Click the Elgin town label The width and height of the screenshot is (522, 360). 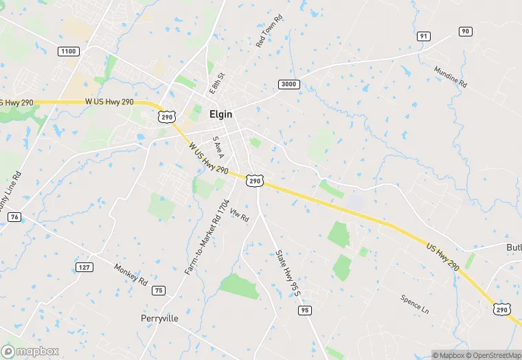click(220, 116)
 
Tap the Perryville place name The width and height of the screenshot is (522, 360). click(159, 319)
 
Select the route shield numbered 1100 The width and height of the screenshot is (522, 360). click(69, 52)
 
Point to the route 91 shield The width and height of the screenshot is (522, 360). click(424, 36)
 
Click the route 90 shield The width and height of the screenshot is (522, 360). click(466, 31)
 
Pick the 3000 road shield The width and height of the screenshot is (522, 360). click(289, 84)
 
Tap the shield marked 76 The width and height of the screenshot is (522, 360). click(14, 217)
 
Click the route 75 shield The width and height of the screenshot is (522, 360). click(159, 290)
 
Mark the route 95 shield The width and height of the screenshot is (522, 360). click(304, 311)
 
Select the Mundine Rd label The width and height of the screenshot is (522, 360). click(451, 77)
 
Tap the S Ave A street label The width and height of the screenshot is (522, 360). click(218, 148)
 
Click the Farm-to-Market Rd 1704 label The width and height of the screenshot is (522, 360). click(206, 238)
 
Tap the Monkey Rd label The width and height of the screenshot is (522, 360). click(130, 275)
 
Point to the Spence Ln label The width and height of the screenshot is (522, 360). click(415, 304)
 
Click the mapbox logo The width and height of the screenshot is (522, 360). click(30, 351)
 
